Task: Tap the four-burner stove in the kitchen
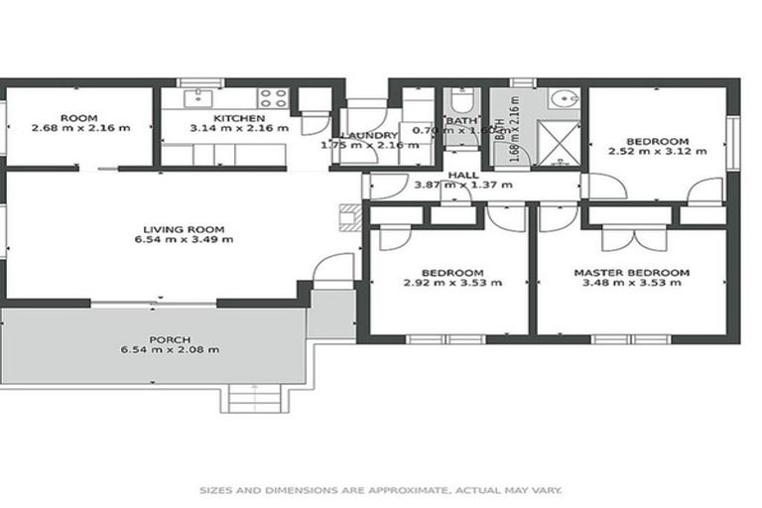[x=273, y=97]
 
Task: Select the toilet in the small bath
[x=462, y=103]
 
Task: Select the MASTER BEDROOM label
[x=631, y=272]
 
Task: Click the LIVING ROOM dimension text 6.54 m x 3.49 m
[x=184, y=239]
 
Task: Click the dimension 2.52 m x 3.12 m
[x=657, y=152]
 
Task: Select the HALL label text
[x=462, y=175]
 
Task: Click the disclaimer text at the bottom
[x=381, y=490]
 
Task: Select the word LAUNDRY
[x=369, y=135]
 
